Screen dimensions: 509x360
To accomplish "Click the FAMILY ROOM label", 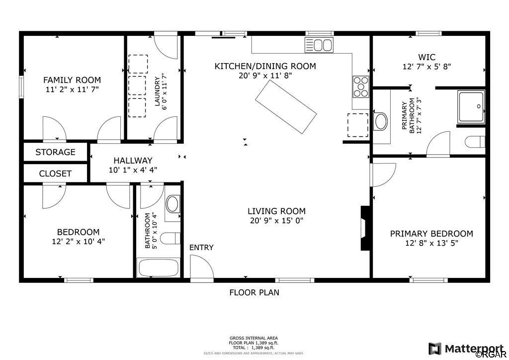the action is click(x=72, y=80).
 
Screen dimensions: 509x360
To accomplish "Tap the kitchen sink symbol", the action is click(x=319, y=45).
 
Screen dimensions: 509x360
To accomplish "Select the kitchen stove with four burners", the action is click(x=361, y=87).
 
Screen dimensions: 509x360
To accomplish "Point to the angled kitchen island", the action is click(x=286, y=107).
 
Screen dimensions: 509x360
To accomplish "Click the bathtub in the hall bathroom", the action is click(x=159, y=268).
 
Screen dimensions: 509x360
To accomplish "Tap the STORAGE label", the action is click(x=55, y=152).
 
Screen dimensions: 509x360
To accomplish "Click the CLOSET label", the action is click(x=55, y=174).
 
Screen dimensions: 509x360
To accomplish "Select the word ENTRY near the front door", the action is click(x=201, y=247).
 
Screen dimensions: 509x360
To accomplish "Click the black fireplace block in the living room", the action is click(x=365, y=228).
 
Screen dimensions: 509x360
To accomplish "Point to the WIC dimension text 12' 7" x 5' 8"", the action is click(x=427, y=67).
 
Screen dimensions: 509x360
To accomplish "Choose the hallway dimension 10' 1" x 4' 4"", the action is click(x=133, y=170).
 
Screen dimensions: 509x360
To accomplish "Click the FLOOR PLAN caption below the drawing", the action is click(x=254, y=292).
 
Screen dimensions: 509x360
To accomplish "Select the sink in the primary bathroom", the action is click(x=381, y=121).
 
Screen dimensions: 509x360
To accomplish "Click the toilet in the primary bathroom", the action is click(x=475, y=142).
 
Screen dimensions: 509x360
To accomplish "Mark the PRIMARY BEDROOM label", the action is click(x=431, y=233).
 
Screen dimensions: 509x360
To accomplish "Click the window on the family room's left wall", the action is click(x=21, y=87).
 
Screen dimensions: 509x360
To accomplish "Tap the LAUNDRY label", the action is click(x=157, y=91).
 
